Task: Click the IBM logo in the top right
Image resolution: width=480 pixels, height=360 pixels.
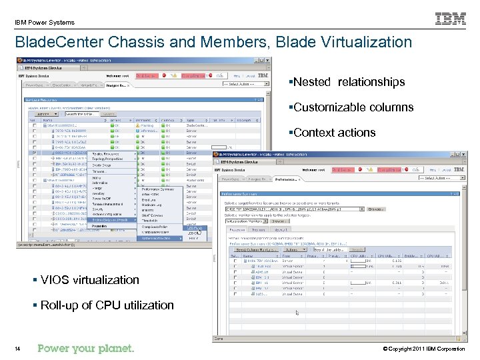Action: click(451, 19)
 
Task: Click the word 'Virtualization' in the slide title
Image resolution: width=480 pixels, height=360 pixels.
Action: click(367, 42)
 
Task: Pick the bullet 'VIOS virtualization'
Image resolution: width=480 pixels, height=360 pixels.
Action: click(89, 280)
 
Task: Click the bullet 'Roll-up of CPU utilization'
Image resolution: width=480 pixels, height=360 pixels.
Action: click(107, 305)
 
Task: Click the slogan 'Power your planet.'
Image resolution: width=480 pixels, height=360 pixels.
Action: click(86, 348)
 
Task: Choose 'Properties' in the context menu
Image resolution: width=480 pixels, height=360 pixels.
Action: click(99, 226)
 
